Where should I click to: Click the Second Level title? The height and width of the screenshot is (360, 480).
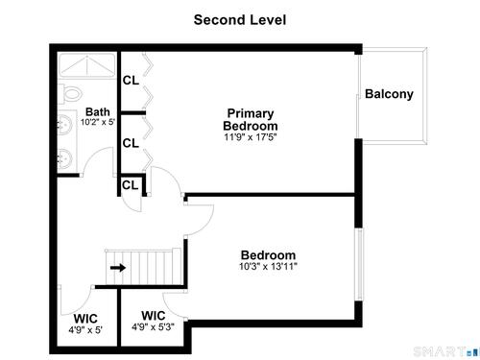click(x=240, y=20)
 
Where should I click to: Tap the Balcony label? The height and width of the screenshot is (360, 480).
click(x=389, y=94)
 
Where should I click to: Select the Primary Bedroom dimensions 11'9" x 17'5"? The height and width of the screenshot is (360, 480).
click(x=251, y=137)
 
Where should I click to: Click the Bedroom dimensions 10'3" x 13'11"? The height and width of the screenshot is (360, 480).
click(x=268, y=266)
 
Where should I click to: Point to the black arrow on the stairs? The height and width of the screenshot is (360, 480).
click(x=118, y=268)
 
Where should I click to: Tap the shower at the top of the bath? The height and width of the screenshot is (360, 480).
click(x=87, y=65)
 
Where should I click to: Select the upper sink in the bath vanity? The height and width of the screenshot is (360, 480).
click(x=65, y=123)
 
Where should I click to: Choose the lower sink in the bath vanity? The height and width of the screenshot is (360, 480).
click(x=65, y=158)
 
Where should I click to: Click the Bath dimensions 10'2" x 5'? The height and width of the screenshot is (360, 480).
click(x=98, y=122)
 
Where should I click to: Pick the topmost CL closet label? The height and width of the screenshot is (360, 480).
click(x=131, y=81)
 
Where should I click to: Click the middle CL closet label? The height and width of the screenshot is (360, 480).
click(x=131, y=143)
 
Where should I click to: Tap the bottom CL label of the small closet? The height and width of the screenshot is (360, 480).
click(x=130, y=185)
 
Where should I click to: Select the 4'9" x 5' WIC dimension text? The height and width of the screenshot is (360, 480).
click(x=85, y=329)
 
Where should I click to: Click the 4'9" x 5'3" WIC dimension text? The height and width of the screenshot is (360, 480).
click(x=153, y=326)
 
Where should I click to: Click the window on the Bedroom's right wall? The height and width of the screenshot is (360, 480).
click(x=360, y=264)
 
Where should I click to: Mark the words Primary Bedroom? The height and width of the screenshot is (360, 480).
click(x=251, y=119)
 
